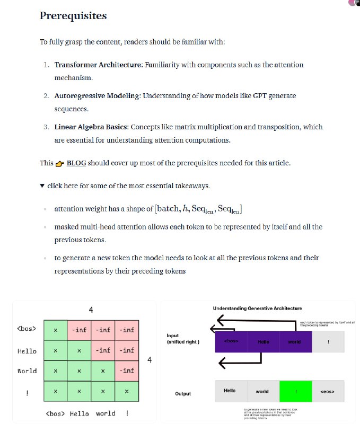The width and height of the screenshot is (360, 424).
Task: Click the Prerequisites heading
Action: click(x=73, y=16)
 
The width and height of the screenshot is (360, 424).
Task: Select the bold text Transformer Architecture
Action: click(x=97, y=65)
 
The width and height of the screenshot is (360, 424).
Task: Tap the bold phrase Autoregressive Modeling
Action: click(x=96, y=96)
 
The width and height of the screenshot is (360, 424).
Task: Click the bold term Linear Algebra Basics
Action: click(x=91, y=127)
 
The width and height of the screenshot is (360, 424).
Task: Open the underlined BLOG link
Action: click(x=76, y=163)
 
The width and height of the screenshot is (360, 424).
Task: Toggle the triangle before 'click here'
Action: click(x=42, y=186)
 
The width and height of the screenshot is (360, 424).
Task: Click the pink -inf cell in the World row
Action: click(x=127, y=371)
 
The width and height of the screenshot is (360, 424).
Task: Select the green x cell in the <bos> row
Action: click(x=56, y=330)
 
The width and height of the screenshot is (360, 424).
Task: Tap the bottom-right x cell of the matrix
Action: click(x=127, y=391)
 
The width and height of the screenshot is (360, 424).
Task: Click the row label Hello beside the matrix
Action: click(x=27, y=351)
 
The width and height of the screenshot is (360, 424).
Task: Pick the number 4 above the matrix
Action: click(x=91, y=310)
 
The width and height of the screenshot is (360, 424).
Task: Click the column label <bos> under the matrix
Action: click(x=56, y=413)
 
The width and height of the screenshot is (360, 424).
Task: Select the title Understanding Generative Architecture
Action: click(x=257, y=308)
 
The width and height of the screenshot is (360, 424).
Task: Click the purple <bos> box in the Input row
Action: click(x=231, y=342)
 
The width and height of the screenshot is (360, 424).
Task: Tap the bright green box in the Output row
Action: click(x=295, y=391)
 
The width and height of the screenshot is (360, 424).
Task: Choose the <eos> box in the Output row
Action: click(x=328, y=391)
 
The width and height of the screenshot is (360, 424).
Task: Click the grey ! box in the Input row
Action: click(x=328, y=342)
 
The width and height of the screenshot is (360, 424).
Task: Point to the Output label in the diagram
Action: click(x=183, y=394)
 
